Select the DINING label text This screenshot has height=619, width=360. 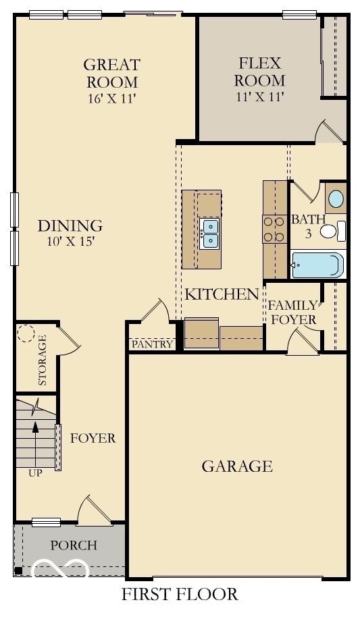(70, 225)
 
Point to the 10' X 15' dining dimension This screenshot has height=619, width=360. (70, 242)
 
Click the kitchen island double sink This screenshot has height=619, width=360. (209, 232)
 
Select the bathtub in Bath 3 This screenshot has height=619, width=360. (317, 265)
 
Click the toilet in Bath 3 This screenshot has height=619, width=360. (331, 232)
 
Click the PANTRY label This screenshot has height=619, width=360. (152, 344)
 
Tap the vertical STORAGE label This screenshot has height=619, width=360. (43, 360)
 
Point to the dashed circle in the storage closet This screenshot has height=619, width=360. (27, 334)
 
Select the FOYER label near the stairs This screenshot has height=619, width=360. (93, 438)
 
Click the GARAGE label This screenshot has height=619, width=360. (236, 466)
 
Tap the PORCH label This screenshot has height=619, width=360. (74, 545)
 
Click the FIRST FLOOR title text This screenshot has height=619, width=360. (180, 595)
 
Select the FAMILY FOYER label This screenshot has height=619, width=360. (292, 312)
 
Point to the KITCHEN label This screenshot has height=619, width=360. (222, 294)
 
